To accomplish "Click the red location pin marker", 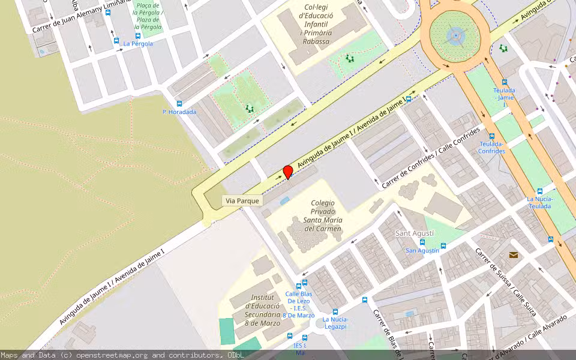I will point(288,172).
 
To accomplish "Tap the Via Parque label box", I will point(242,200).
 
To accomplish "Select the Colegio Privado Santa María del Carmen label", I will point(323,216).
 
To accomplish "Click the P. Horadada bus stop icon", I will point(179,103).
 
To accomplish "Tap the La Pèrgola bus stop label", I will point(138,44).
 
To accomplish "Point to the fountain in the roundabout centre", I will point(456,35).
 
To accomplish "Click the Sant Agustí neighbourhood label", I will point(415,233).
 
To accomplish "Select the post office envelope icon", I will point(513,254).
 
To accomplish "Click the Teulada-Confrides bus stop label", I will point(491,148).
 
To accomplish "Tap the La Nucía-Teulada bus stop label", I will point(540,202).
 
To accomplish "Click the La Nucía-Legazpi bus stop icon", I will point(335,311).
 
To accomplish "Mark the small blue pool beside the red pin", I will point(284,200).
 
